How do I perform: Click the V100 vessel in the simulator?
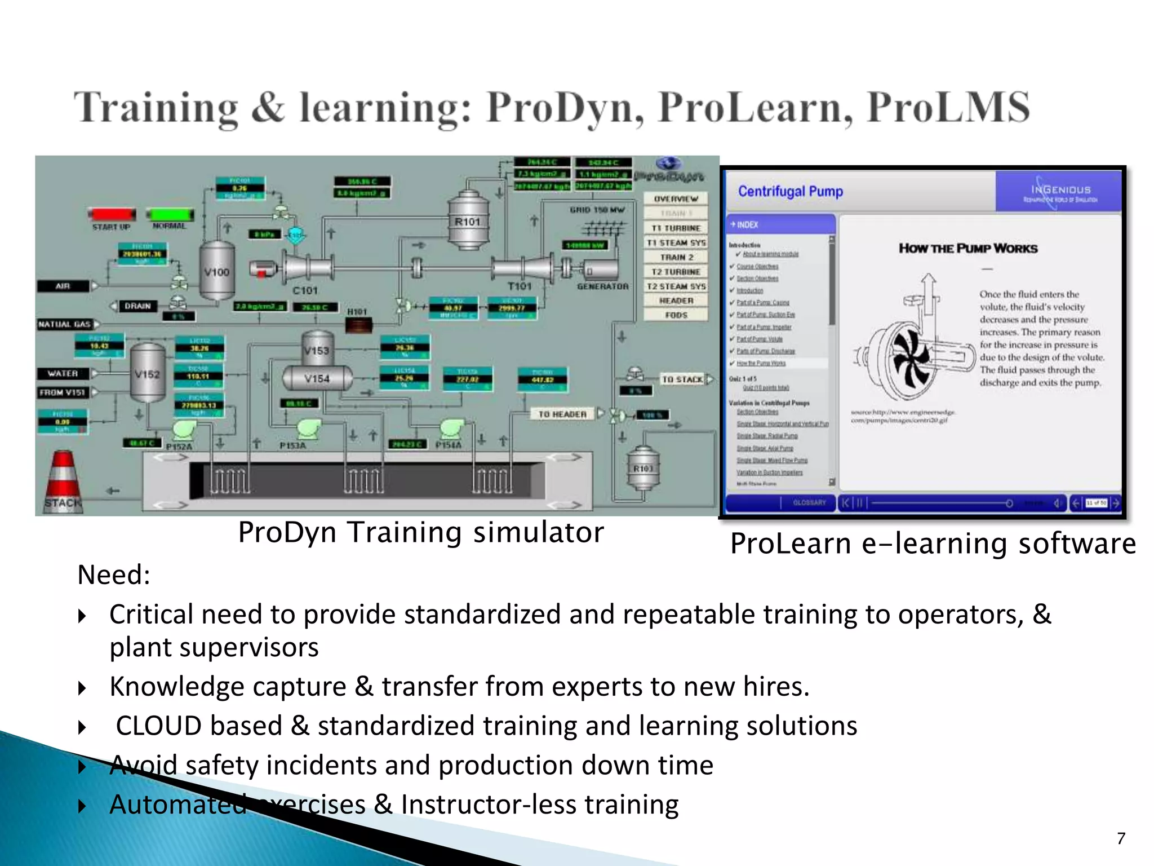tap(217, 272)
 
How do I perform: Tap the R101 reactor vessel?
tap(468, 221)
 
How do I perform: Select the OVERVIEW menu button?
tap(676, 199)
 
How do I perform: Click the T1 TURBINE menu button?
tap(676, 228)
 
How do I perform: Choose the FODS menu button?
tap(676, 315)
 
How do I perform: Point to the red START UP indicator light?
tap(112, 215)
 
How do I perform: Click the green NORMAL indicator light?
tap(170, 215)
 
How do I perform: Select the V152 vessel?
tap(148, 373)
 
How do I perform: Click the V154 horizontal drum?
tap(317, 378)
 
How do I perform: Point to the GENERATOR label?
tap(602, 286)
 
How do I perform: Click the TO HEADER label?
tap(562, 414)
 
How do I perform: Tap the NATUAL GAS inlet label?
tap(65, 324)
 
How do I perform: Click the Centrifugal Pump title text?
tap(790, 192)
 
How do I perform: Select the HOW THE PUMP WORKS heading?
tap(968, 249)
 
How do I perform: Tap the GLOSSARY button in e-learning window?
tap(809, 502)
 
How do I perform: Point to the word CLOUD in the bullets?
tap(158, 726)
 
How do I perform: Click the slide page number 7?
tap(1121, 838)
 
